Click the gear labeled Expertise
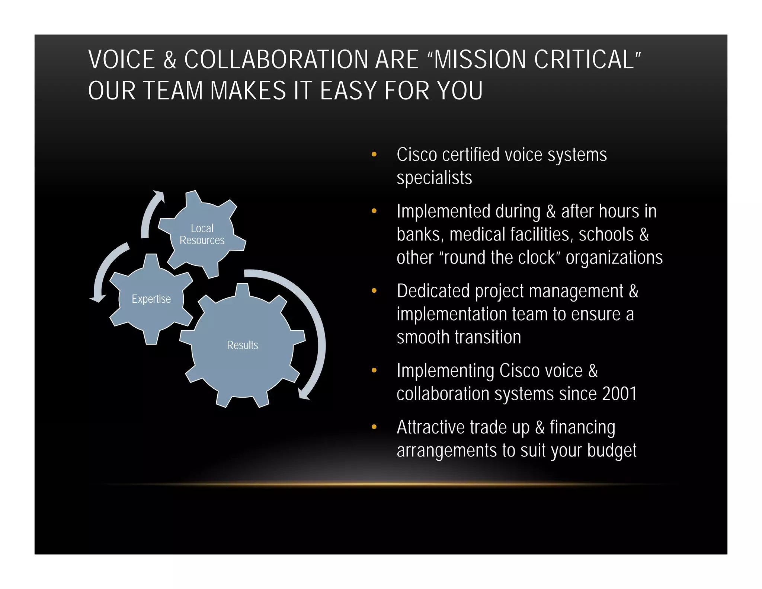[151, 299]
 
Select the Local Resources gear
[202, 234]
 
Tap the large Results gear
[243, 345]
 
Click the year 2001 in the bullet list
[619, 394]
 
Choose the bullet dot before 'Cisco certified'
[374, 154]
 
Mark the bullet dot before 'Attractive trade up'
[374, 427]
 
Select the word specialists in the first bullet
[434, 178]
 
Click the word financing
[582, 427]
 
